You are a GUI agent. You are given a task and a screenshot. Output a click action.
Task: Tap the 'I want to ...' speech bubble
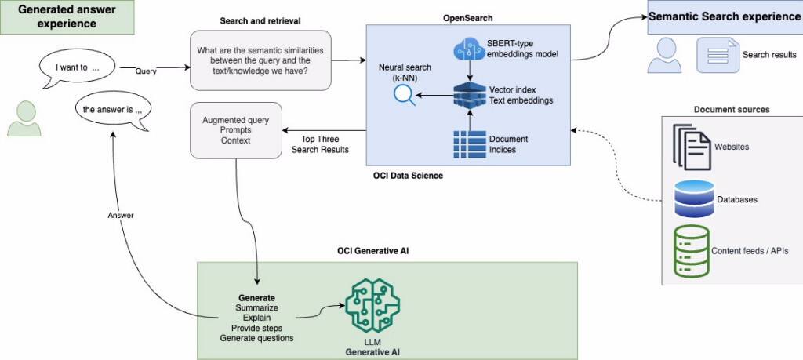77,68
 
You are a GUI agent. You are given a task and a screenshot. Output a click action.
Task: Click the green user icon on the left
24,118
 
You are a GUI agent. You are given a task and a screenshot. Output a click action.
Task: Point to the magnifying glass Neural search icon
405,95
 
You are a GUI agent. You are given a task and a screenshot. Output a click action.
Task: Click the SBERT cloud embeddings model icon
469,51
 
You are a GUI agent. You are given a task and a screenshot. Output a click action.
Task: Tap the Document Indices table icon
469,144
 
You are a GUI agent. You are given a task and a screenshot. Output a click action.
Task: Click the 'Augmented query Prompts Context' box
236,130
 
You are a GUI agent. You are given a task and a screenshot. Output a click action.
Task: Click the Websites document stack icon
691,147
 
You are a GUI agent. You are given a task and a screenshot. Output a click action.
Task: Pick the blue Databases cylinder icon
694,199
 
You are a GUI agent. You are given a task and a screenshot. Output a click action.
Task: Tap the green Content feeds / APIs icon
691,250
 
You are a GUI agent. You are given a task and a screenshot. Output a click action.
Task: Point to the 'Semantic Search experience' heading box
724,17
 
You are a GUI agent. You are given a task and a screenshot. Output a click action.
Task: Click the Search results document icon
718,55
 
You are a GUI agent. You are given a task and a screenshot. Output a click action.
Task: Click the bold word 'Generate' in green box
256,298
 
